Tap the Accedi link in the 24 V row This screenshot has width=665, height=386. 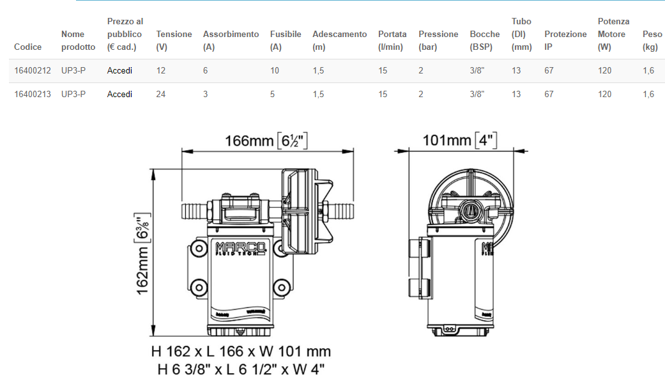point(119,94)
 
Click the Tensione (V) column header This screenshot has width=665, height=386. point(174,40)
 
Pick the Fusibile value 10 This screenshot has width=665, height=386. point(275,71)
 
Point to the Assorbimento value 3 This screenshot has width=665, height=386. point(205,94)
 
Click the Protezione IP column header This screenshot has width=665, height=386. point(565,40)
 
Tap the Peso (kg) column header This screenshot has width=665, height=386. point(652,40)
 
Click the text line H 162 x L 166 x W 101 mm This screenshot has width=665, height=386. point(241,351)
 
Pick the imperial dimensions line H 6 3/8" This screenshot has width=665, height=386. point(241,369)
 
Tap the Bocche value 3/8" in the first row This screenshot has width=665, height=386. point(477,71)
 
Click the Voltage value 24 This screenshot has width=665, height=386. point(161,94)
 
